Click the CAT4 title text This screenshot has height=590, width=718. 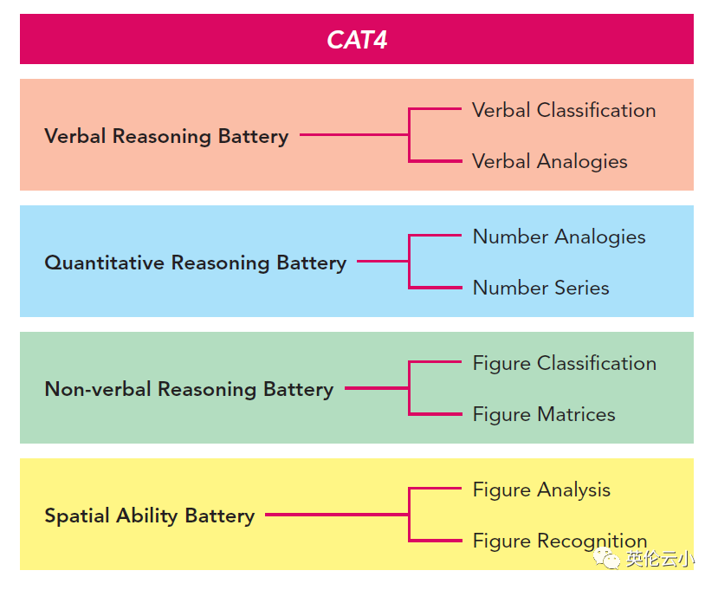point(357,40)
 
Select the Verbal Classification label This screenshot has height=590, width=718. point(564,110)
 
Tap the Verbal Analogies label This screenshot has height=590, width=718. point(549,162)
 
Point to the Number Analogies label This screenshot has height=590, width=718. point(560,237)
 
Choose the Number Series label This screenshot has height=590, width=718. point(540,289)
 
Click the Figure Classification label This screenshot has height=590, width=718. point(565,363)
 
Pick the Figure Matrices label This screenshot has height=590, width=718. point(544,414)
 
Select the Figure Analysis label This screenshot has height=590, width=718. point(541,490)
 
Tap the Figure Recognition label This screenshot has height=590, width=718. point(560,541)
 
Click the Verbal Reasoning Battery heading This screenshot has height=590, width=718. point(166,137)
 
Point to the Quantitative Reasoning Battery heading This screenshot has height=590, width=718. point(196,263)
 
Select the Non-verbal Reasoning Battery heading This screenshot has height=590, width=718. point(189,389)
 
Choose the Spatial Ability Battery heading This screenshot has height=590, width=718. point(150,515)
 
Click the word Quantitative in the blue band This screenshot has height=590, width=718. point(105,263)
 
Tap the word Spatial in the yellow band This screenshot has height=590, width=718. point(77,516)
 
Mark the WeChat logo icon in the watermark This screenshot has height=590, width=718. point(606,559)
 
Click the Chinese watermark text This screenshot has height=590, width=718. point(660,559)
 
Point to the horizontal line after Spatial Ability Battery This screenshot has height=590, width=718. point(337,515)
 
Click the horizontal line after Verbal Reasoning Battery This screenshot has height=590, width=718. point(354,134)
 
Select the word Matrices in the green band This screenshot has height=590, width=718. point(576,414)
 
